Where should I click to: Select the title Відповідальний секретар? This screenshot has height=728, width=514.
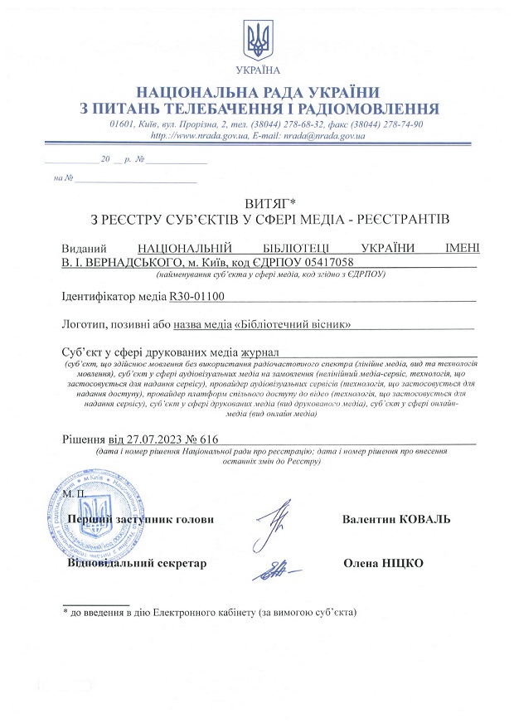137,564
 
